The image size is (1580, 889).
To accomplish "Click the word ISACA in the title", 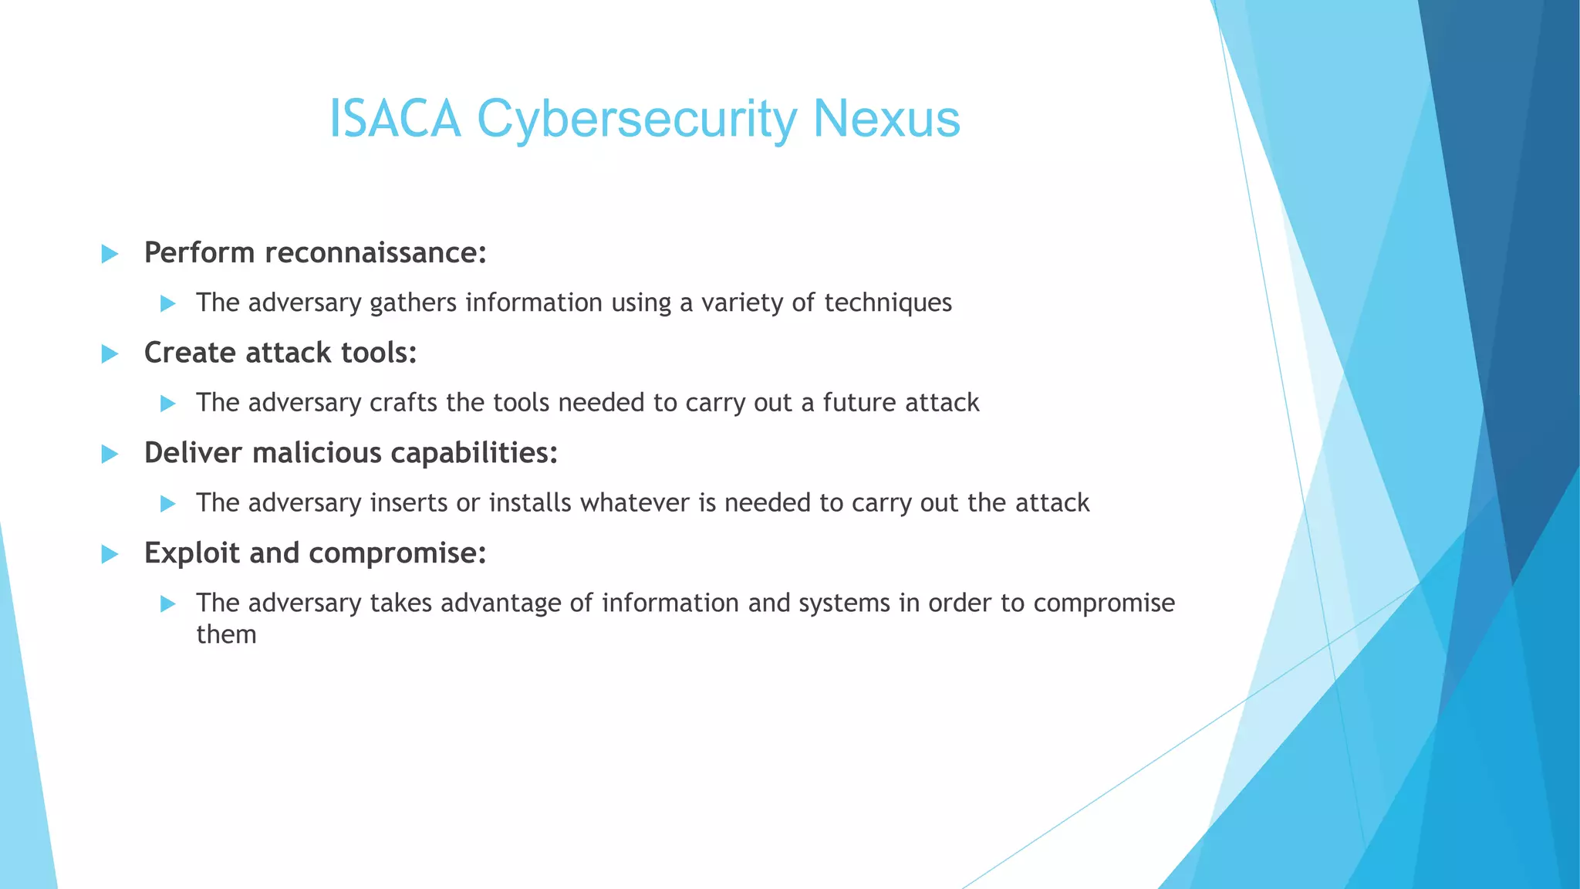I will coord(395,120).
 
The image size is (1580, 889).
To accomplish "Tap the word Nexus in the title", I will coord(886,120).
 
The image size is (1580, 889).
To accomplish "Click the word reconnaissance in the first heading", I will coord(376,253).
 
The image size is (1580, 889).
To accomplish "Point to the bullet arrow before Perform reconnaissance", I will coord(110,254).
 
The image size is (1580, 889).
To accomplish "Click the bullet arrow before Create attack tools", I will coord(110,354).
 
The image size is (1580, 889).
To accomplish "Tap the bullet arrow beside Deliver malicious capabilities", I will coord(110,454).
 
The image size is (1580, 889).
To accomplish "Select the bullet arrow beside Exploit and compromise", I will coord(110,554).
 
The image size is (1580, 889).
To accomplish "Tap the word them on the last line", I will coord(226,634).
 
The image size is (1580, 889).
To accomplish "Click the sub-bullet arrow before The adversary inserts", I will coord(168,504).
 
